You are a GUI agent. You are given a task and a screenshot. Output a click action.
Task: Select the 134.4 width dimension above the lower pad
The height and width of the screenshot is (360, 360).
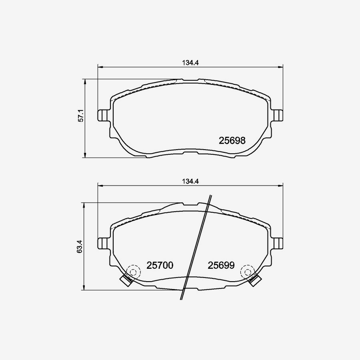tap(190, 181)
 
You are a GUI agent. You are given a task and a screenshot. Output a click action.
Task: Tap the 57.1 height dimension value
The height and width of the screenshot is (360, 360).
tap(80, 116)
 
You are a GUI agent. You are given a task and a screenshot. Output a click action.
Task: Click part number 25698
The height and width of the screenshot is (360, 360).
tap(232, 141)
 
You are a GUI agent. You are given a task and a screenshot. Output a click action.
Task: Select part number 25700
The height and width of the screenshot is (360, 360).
tap(160, 265)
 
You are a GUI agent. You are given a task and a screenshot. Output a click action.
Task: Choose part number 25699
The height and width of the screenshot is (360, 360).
tap(220, 265)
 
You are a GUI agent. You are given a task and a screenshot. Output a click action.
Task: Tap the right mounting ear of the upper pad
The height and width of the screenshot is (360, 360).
tap(278, 115)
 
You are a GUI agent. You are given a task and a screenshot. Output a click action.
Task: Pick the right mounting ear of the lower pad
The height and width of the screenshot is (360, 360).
tap(278, 243)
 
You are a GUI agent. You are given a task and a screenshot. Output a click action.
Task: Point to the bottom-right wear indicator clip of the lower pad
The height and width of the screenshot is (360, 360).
tap(254, 280)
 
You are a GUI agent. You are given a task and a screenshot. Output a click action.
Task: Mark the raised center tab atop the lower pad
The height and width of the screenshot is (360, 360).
tap(190, 204)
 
